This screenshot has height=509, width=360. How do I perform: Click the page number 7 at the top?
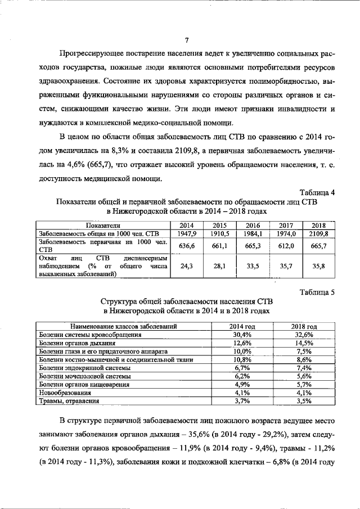186,40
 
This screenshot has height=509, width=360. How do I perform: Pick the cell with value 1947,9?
186,232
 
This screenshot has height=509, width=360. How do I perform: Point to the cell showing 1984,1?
255,232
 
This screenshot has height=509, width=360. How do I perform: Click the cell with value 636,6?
186,245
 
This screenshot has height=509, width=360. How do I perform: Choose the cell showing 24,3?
186,267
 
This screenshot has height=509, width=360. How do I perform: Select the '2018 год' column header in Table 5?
304,326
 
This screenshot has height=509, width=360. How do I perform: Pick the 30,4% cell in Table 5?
241,334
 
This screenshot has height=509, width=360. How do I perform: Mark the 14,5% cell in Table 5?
304,343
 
